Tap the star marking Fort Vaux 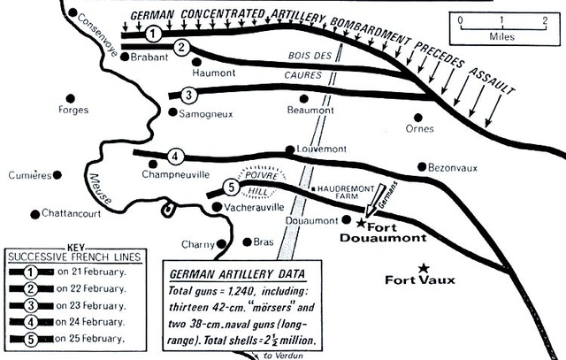pos(424,268)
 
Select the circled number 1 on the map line pos(153,34)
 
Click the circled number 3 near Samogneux pos(188,95)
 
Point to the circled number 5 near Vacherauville pos(232,188)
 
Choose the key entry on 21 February pos(67,272)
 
